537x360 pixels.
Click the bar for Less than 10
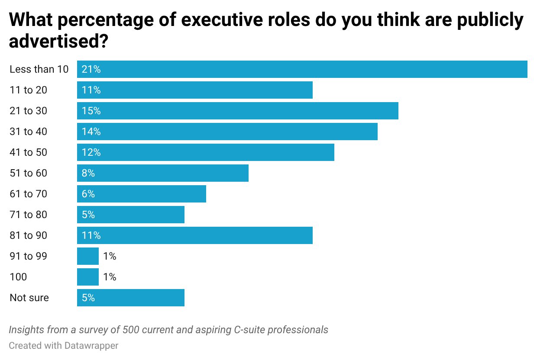302,69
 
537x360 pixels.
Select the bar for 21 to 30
237,111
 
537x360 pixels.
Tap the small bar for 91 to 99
88,256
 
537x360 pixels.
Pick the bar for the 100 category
88,277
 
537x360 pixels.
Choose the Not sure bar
131,298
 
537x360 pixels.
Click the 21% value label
91,69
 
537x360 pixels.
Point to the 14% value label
91,132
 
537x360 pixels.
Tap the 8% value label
88,173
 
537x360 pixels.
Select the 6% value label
88,194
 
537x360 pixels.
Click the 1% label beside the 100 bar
110,277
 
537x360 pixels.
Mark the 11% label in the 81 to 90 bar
91,235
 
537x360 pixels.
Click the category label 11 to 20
29,90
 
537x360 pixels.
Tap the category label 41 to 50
29,152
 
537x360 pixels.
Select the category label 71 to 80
29,215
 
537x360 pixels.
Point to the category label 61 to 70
29,194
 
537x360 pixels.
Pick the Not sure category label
29,298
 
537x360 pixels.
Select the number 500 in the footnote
131,330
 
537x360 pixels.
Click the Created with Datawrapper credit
64,345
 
